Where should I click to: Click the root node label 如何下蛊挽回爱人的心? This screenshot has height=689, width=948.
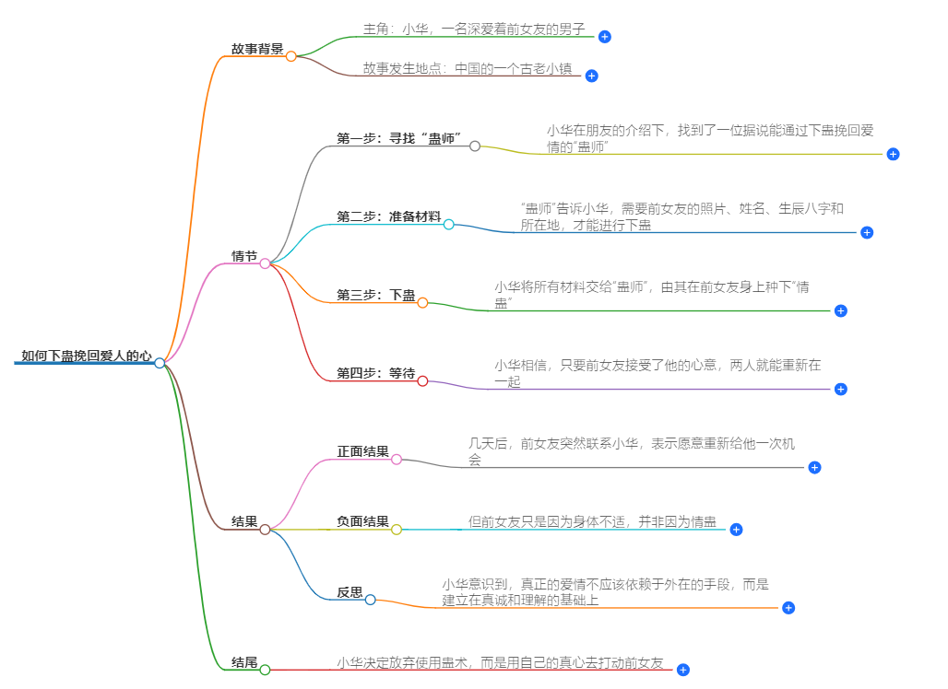tap(86, 355)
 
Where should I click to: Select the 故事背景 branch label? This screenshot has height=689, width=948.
tap(257, 49)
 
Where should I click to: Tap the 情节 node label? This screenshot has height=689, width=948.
tap(244, 256)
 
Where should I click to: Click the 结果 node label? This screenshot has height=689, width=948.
tap(244, 521)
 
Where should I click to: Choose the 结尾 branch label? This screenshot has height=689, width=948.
tap(244, 662)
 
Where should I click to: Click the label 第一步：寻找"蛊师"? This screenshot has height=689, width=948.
tap(398, 138)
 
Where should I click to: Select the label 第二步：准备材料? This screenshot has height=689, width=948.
tap(388, 216)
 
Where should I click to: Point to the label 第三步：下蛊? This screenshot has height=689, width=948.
tap(375, 295)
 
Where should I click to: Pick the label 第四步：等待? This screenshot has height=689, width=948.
tap(375, 373)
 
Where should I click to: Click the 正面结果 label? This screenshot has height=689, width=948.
tap(362, 451)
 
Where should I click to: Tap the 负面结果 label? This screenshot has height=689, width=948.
tap(362, 521)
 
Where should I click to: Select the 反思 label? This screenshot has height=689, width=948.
tap(350, 592)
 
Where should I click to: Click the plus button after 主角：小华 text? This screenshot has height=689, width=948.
tap(604, 37)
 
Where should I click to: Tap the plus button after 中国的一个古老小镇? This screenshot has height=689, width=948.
tap(592, 76)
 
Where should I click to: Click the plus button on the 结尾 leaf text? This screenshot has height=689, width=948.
tap(682, 670)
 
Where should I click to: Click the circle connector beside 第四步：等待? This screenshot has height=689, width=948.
tap(422, 380)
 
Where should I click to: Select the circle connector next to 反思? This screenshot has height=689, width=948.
tap(370, 600)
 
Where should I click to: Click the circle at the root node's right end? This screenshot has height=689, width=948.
tap(160, 363)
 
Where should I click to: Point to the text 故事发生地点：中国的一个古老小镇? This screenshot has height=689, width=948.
tap(468, 68)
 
